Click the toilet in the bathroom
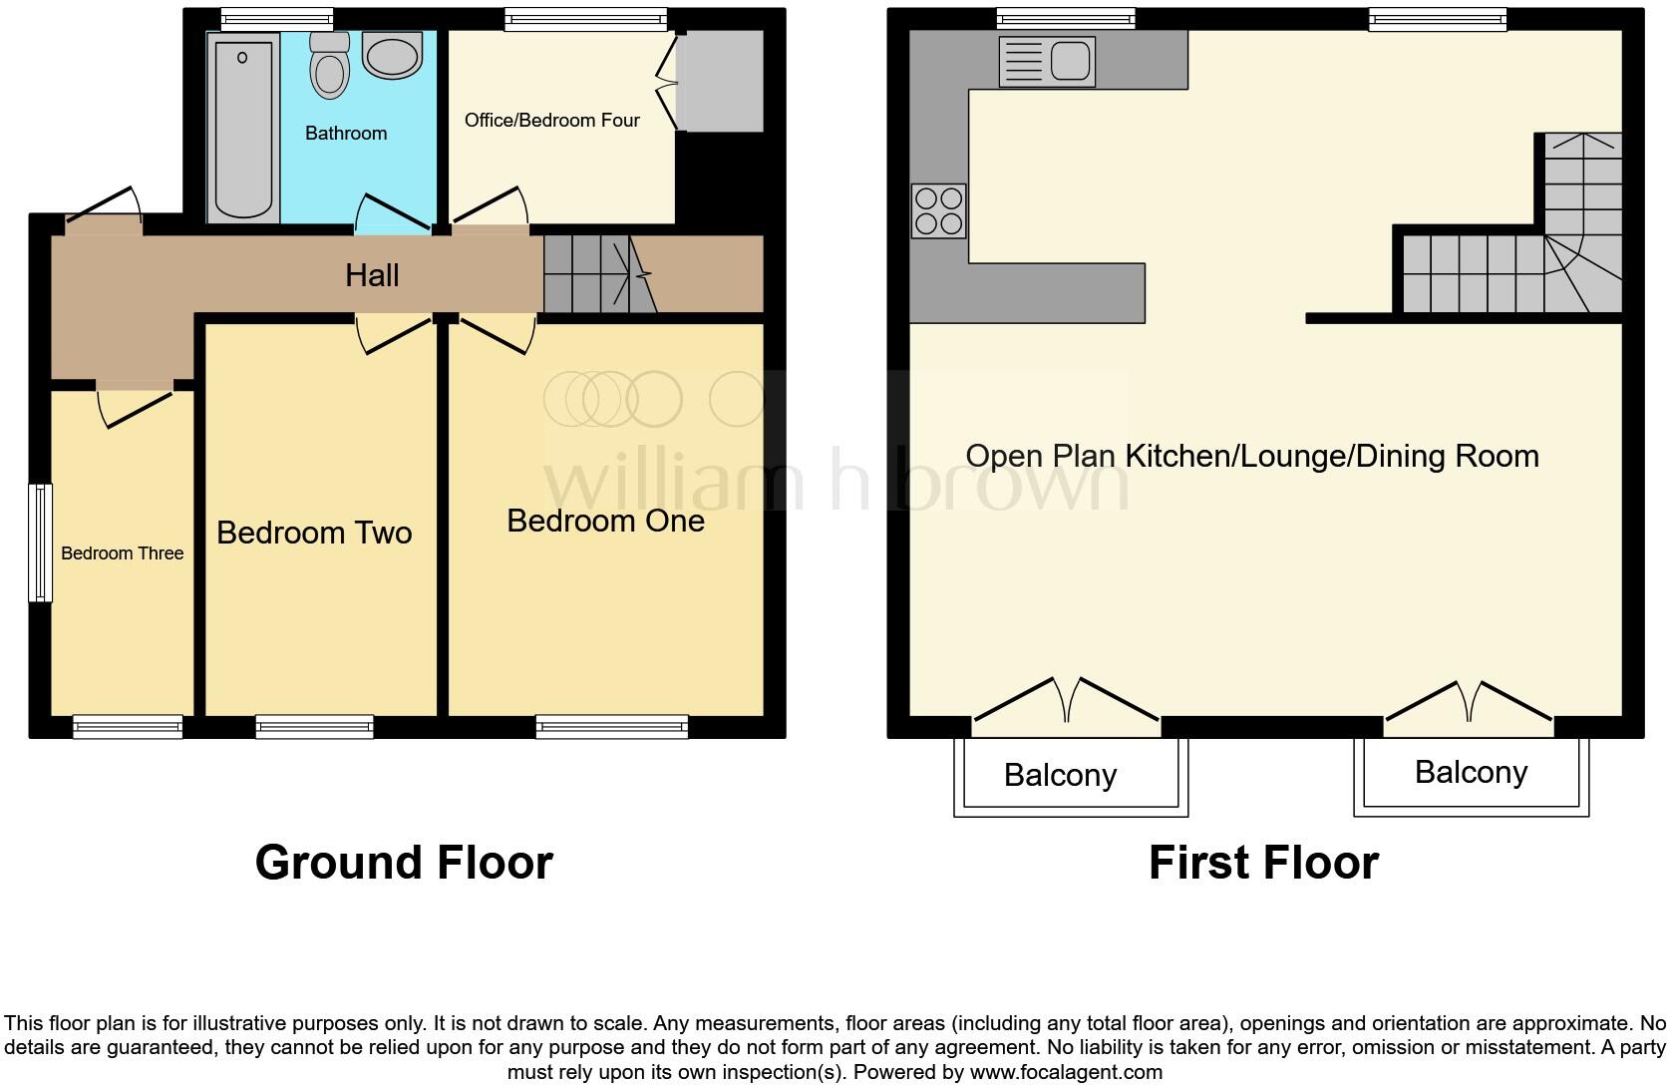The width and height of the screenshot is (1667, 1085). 330,68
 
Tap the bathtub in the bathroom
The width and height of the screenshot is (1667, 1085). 243,125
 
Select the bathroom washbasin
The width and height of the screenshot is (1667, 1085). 393,56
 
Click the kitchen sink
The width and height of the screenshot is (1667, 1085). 1047,62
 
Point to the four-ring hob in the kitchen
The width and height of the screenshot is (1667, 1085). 938,210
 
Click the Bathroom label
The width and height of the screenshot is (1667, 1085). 346,134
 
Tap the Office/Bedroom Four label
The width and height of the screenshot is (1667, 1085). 551,121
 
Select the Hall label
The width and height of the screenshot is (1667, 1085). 372,275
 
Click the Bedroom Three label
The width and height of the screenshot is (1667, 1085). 122,553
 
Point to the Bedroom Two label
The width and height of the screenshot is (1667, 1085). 314,533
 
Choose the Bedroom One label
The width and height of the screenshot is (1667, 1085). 605,521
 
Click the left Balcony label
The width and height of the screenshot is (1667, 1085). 1060,776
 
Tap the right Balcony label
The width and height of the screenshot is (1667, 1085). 1471,773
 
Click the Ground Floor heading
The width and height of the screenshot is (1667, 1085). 404,863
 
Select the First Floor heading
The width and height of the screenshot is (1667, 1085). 1263,863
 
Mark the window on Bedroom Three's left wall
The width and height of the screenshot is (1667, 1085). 40,542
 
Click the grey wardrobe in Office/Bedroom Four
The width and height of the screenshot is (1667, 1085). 721,81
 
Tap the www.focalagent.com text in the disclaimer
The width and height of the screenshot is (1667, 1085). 1066,1073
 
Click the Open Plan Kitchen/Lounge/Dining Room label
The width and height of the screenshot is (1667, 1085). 1252,457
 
